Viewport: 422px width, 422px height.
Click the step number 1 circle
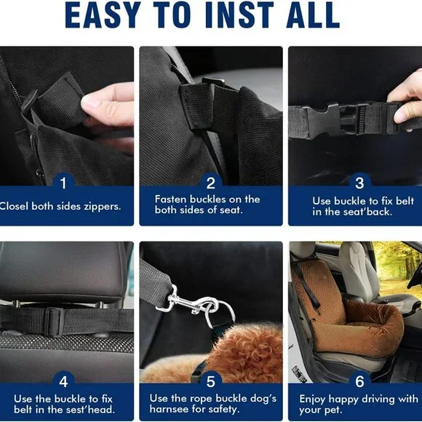pyautogui.click(x=63, y=183)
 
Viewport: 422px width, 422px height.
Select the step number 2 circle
pyautogui.click(x=210, y=183)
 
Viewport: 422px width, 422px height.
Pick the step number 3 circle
pyautogui.click(x=359, y=183)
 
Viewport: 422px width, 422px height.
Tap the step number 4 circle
pyautogui.click(x=63, y=381)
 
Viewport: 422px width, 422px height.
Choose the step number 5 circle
pyautogui.click(x=210, y=381)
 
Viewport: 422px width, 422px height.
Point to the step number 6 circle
pyautogui.click(x=359, y=381)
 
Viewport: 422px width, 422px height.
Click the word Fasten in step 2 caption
pyautogui.click(x=172, y=199)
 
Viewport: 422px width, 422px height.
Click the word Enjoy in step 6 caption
pyautogui.click(x=315, y=399)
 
